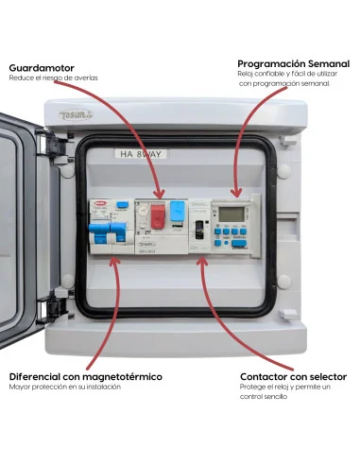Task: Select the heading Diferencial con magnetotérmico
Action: click(85, 376)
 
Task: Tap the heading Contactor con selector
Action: click(293, 376)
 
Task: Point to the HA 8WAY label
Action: click(140, 153)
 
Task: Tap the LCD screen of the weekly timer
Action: click(232, 214)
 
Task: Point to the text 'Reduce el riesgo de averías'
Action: click(53, 78)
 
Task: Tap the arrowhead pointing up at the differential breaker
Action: click(114, 267)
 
